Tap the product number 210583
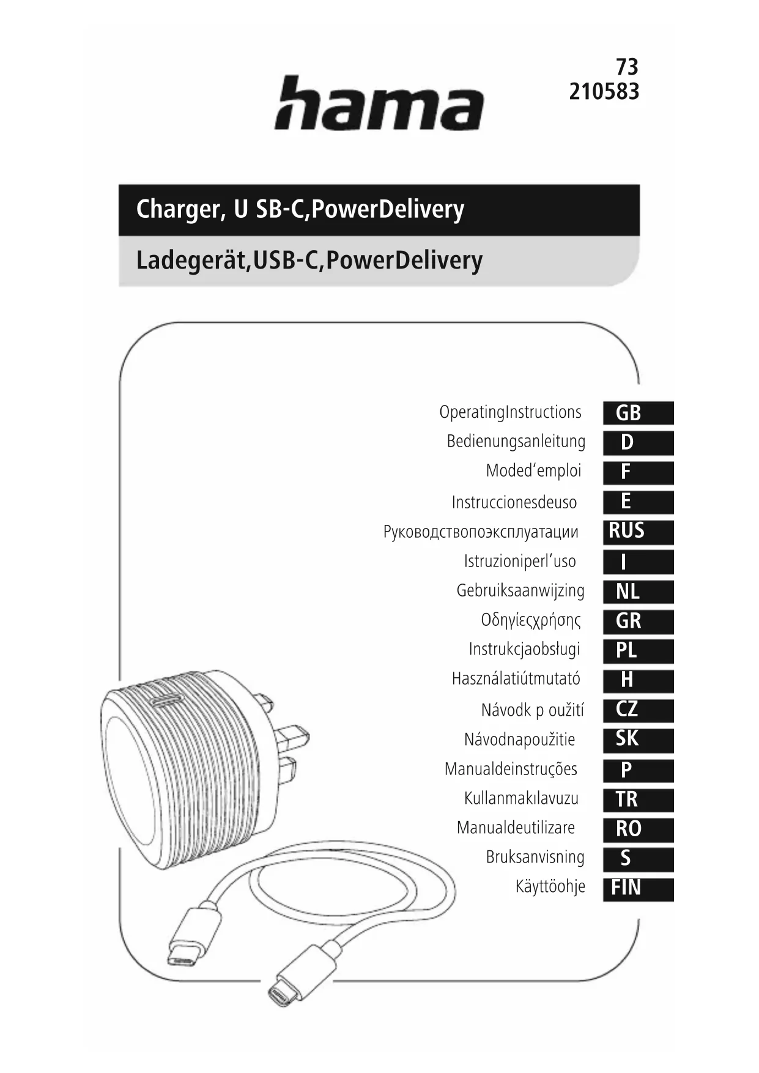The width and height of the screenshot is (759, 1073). (604, 92)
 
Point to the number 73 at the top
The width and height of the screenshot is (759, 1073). (626, 66)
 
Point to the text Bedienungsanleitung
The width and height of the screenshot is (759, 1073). (516, 442)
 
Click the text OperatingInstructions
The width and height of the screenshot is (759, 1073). (510, 412)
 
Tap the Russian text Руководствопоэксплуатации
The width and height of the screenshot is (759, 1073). (481, 532)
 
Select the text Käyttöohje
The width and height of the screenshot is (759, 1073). (550, 886)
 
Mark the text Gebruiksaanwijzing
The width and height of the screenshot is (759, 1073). (520, 591)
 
